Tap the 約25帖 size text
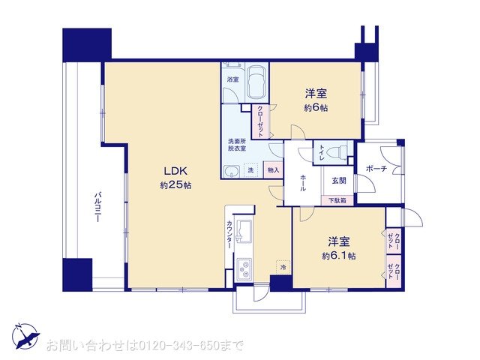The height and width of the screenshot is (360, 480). click(x=175, y=184)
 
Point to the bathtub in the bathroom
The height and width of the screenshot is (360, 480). click(x=256, y=82)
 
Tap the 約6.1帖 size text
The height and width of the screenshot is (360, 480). click(x=338, y=255)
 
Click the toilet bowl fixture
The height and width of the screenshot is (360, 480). click(x=341, y=151)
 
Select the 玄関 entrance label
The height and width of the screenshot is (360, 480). click(x=338, y=180)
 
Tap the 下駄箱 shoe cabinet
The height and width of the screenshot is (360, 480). click(x=339, y=200)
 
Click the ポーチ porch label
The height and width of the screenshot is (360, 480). click(x=376, y=169)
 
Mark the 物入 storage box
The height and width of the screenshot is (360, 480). click(x=273, y=170)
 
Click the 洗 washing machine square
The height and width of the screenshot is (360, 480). click(x=252, y=170)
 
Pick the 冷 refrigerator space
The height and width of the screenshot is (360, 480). click(x=283, y=266)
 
